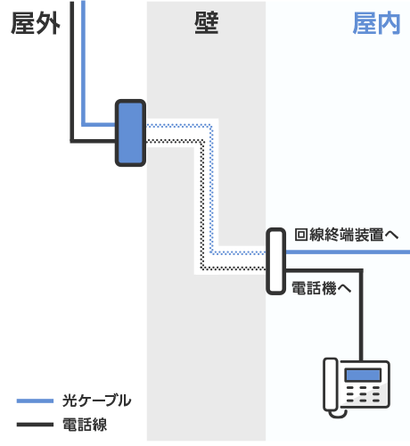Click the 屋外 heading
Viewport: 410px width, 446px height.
pyautogui.click(x=36, y=24)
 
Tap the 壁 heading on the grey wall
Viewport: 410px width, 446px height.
pyautogui.click(x=207, y=23)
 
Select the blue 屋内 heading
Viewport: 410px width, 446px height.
pyautogui.click(x=376, y=24)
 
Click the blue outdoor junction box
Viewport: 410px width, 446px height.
pyautogui.click(x=130, y=133)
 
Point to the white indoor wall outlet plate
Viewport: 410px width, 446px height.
pyautogui.click(x=275, y=261)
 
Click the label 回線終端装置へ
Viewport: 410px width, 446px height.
pyautogui.click(x=346, y=235)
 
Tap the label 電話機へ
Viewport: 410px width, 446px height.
pyautogui.click(x=321, y=288)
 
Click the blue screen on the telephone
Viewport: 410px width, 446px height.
pyautogui.click(x=363, y=375)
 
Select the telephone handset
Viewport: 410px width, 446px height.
pyautogui.click(x=331, y=384)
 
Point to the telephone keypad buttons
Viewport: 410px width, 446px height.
pyautogui.click(x=363, y=394)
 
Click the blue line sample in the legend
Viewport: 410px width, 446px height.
pyautogui.click(x=35, y=401)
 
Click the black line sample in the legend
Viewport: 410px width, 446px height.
pyautogui.click(x=35, y=425)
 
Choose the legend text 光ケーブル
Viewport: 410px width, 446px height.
pyautogui.click(x=96, y=401)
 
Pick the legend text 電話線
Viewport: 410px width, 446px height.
pyautogui.click(x=85, y=425)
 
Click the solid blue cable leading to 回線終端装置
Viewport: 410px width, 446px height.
pyautogui.click(x=348, y=252)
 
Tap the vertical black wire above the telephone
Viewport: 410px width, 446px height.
pyautogui.click(x=361, y=316)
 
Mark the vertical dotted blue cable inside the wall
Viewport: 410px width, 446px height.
pyautogui.click(x=211, y=189)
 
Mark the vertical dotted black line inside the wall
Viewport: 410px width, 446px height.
pyautogui.click(x=202, y=205)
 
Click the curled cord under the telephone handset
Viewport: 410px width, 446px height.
pyautogui.click(x=339, y=414)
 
